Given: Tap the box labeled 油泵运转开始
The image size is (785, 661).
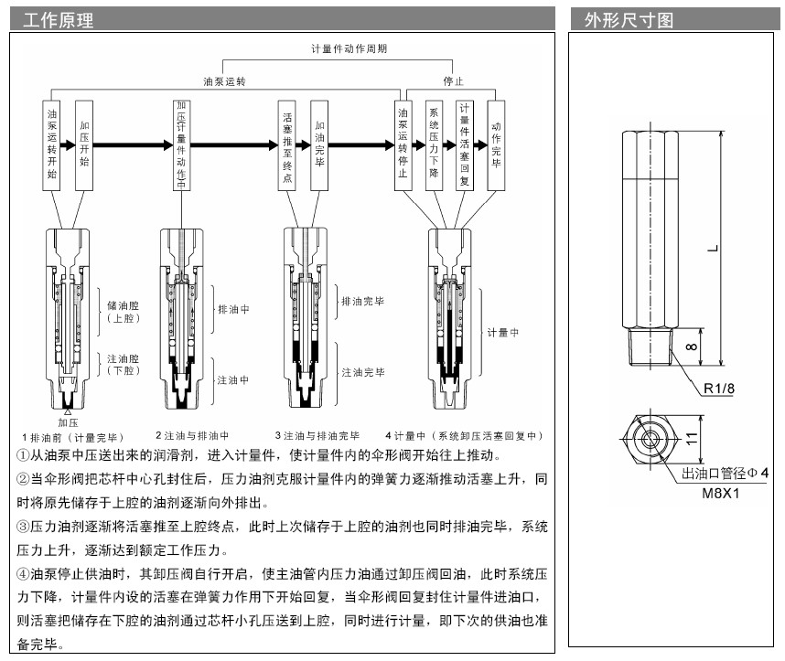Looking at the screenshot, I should (x=51, y=144).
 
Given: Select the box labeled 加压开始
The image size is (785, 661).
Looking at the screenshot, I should (x=84, y=144).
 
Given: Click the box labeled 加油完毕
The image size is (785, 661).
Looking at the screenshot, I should (x=318, y=144).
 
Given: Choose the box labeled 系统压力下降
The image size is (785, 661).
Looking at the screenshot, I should (x=435, y=144).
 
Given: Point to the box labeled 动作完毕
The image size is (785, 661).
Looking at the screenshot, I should (x=497, y=144).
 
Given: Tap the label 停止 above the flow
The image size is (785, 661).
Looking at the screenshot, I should (x=453, y=80).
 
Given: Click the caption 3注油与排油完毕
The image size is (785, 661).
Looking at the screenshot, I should (x=317, y=435).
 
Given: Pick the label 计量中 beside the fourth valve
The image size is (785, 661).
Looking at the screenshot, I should (x=503, y=334).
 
